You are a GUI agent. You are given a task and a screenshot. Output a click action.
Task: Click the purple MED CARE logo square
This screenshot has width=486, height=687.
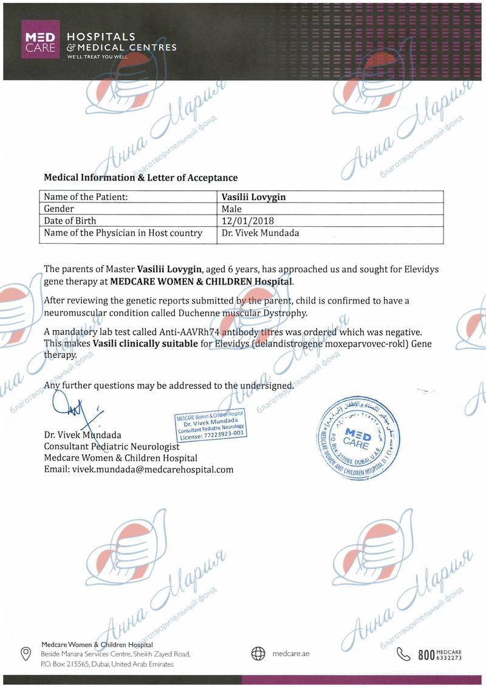(41, 40)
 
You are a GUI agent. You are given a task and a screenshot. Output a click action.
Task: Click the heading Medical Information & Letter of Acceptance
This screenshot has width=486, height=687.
(140, 178)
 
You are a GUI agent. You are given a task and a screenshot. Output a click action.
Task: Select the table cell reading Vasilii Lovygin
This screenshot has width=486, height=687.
(254, 197)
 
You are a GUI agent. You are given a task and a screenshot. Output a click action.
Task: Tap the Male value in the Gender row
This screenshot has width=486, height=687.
(233, 209)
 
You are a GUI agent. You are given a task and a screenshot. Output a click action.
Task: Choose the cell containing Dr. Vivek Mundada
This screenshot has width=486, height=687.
(261, 233)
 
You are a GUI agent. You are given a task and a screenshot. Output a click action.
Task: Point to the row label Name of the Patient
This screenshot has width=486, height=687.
(86, 197)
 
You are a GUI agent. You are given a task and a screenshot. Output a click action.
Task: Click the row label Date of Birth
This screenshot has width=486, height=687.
(70, 221)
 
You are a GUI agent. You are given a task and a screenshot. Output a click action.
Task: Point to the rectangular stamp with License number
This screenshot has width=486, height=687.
(211, 424)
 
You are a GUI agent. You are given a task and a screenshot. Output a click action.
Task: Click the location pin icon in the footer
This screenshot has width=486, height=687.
(26, 654)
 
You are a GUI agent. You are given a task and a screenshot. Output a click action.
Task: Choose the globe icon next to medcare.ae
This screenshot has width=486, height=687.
(258, 654)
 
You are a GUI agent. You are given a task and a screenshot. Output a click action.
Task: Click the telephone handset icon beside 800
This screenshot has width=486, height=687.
(403, 654)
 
